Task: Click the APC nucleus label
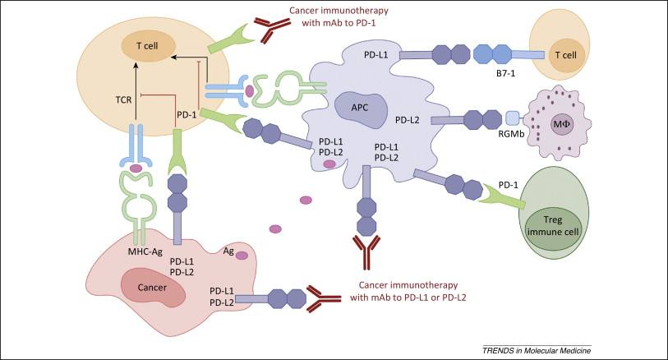(x=360, y=108)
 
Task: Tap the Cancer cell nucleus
(x=153, y=288)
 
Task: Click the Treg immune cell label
(x=553, y=226)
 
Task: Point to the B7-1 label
(x=505, y=74)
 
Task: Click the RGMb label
(x=511, y=134)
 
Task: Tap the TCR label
(x=123, y=100)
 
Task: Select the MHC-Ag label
(x=145, y=252)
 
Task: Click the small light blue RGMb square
(x=513, y=118)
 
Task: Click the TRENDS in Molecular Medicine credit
(x=537, y=351)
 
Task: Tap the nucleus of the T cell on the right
(x=566, y=55)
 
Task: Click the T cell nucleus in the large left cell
(x=147, y=46)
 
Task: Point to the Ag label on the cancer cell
(x=228, y=251)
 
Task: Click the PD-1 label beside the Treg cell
(x=509, y=185)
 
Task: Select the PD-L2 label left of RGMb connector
(x=408, y=120)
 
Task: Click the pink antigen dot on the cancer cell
(x=242, y=256)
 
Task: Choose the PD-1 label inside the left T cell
(x=187, y=114)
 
